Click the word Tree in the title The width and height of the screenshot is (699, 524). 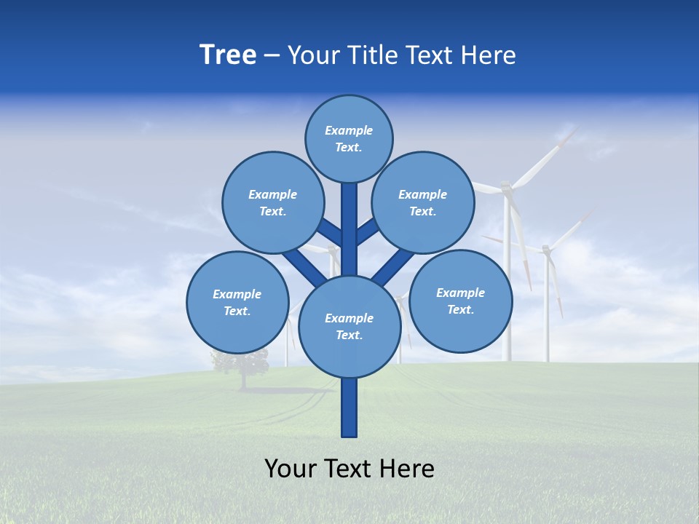pos(228,55)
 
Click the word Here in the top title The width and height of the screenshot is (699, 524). pos(488,55)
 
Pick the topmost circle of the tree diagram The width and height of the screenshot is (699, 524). pos(349,139)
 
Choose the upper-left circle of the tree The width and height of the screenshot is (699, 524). pos(273,203)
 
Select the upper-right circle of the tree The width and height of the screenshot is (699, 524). pos(423,203)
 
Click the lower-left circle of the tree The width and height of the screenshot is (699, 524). pos(237,302)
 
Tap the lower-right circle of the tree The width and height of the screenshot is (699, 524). pos(460,301)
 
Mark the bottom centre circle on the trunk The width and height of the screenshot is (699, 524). pos(349,327)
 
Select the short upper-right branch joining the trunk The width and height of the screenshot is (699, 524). pos(366,232)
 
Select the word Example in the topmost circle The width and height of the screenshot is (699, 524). pos(349,131)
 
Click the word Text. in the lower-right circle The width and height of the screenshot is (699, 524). pos(460,309)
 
